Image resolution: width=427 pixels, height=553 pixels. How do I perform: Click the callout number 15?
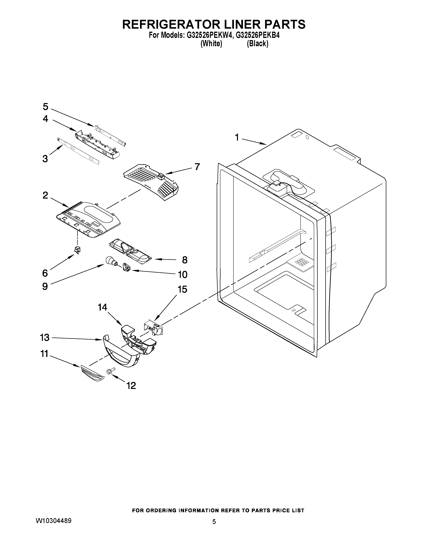coord(182,289)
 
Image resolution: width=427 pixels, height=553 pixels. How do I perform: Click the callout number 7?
coord(197,167)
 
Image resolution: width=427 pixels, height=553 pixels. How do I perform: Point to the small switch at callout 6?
coord(77,250)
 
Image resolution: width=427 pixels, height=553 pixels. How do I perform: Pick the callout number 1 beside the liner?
coord(237,137)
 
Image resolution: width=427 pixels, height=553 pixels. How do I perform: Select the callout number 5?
coord(45,107)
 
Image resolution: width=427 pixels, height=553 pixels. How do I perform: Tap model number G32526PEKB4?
coord(258,36)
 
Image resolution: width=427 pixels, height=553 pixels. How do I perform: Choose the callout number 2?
coord(45,195)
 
